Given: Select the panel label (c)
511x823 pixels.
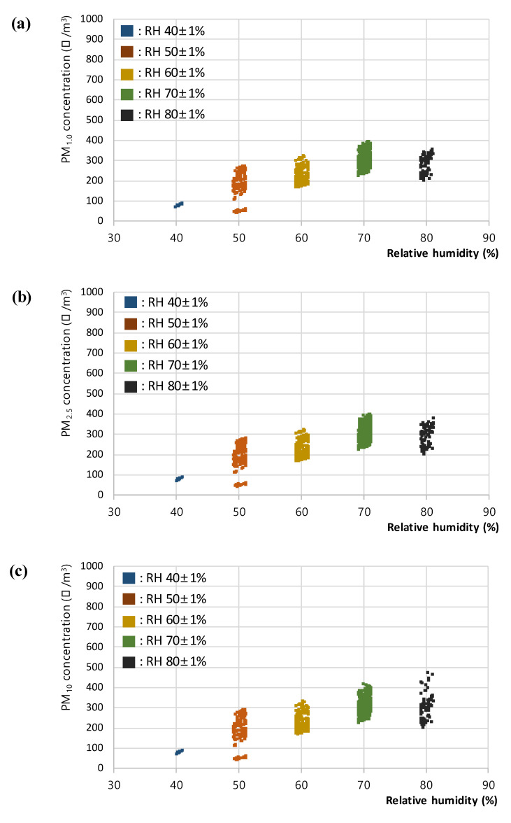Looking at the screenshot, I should [19, 570].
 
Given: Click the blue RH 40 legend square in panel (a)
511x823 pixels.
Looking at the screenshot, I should [127, 31].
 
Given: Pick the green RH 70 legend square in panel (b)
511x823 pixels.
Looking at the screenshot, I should [131, 365].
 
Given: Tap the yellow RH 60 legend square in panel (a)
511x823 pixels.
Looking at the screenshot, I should [127, 73].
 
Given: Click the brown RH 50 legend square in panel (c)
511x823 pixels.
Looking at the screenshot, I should [129, 598].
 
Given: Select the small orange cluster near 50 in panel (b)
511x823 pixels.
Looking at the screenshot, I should [240, 484].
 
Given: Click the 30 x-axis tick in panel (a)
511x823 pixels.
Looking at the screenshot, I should [113, 237].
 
